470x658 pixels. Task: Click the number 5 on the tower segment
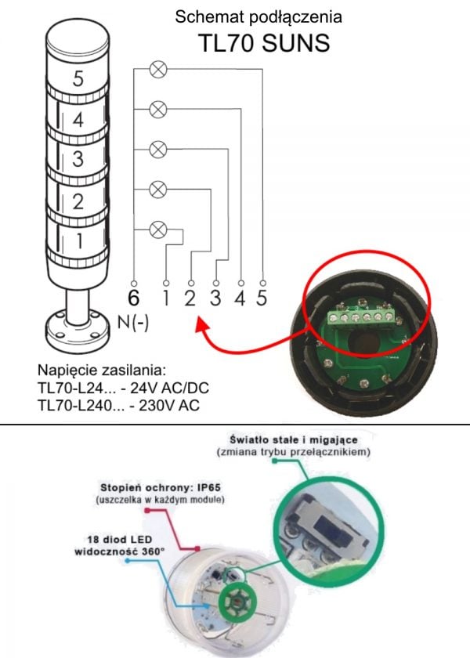coord(78,78)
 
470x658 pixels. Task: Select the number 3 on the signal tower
coord(78,159)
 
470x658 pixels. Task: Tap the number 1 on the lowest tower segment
coord(79,240)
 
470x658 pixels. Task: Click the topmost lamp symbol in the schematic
coord(158,70)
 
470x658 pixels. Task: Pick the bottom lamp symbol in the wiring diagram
coord(158,230)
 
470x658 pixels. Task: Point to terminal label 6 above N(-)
coord(133,298)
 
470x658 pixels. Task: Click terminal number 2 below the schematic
coord(190,298)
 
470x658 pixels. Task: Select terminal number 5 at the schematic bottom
coord(262,298)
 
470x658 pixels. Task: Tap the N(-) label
coord(133,323)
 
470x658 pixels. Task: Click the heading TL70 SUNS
coord(264,43)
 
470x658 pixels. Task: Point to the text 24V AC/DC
coord(169,388)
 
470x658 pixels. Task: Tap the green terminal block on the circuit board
coord(361,317)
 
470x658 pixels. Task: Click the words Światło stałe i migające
coord(294,439)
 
